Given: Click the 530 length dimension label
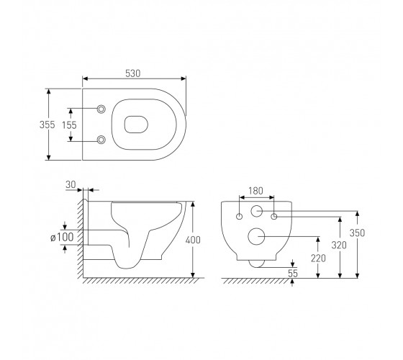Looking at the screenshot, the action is [133, 73].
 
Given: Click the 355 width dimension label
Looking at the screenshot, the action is [47, 125].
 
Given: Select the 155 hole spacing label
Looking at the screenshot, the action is [69, 125].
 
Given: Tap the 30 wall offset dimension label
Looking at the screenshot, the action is [71, 184].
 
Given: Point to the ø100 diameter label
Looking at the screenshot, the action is [62, 237].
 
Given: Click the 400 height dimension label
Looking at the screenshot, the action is [193, 240].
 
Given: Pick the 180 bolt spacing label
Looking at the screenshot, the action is [255, 191].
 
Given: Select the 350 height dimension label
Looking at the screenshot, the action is [357, 233].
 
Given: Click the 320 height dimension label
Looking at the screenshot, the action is [339, 245].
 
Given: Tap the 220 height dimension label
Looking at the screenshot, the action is [318, 258].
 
